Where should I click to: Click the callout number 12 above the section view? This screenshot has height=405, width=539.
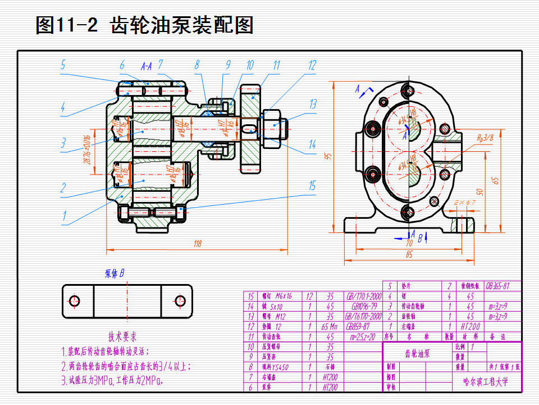312,65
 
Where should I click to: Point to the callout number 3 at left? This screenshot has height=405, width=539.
63,142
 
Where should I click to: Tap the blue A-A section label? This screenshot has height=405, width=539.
147,66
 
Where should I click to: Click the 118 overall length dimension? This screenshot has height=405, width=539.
198,244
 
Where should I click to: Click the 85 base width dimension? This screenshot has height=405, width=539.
409,255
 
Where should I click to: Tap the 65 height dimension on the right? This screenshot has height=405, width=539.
495,180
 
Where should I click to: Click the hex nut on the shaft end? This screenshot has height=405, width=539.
275,129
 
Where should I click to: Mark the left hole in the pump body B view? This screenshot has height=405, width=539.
75,300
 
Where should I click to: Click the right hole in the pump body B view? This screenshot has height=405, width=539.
180,300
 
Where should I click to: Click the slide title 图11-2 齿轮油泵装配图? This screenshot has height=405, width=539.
144,25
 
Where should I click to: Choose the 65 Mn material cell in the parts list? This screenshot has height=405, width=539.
330,326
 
